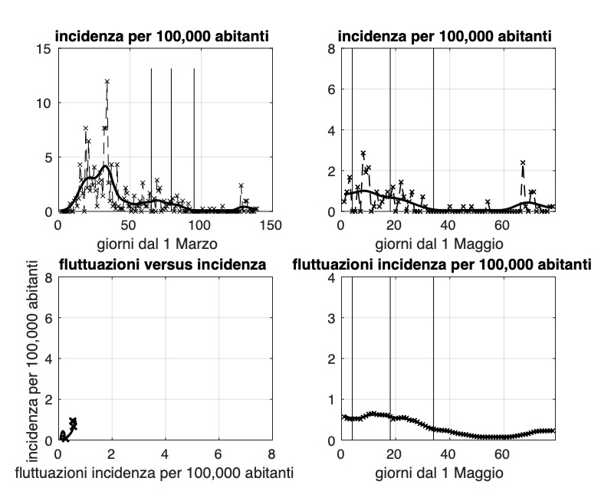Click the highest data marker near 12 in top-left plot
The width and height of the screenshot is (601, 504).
tap(107, 81)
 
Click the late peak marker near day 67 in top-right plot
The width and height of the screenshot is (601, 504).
tap(523, 162)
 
